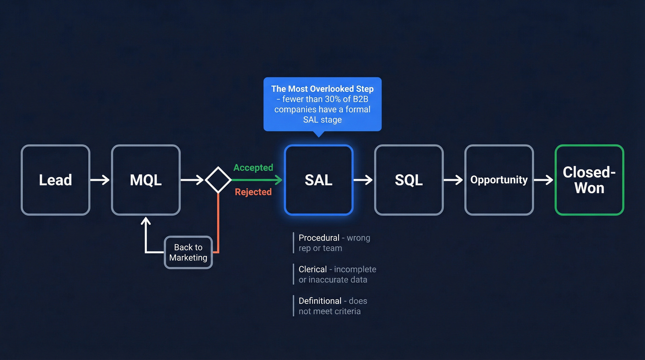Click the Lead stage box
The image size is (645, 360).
point(55,180)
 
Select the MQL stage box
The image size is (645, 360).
point(146,180)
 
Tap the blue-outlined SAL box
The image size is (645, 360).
point(318,180)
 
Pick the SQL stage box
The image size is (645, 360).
point(409,180)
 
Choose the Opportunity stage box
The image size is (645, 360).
point(499,180)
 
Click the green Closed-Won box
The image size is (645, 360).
point(589,180)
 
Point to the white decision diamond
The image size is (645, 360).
point(218,180)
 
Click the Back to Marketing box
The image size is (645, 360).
point(188,252)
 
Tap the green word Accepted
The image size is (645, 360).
point(253,168)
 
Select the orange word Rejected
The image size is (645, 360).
point(253,192)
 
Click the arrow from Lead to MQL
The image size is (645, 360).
point(100,180)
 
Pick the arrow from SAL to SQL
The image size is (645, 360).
point(363,180)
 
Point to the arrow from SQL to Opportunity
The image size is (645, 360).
point(453,180)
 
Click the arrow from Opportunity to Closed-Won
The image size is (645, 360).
point(544,180)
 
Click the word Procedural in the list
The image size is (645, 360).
point(319,238)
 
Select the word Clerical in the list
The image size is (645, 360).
point(313,269)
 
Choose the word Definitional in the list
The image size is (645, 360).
point(320,301)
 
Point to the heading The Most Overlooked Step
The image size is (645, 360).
point(322,89)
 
